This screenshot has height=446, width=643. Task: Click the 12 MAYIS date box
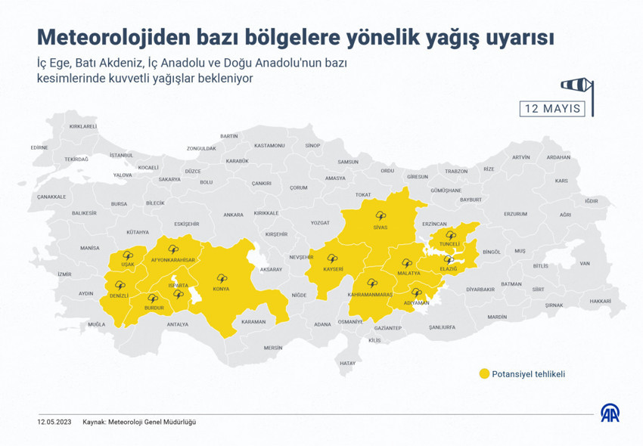pos(553,108)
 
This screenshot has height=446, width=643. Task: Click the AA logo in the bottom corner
pos(610,413)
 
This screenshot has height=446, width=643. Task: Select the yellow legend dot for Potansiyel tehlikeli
pos(483,373)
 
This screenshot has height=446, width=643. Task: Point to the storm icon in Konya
pos(221,279)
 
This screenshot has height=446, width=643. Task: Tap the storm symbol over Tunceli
pos(451,235)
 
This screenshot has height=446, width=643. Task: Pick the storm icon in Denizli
pos(120,285)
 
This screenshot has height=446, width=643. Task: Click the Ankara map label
pos(233,215)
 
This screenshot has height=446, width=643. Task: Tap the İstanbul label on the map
pos(121,155)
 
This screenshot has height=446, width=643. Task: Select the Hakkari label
pos(600,301)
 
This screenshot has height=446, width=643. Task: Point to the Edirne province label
pos(39,147)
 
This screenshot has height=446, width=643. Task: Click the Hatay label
pos(347,363)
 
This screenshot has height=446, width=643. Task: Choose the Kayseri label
pos(333,268)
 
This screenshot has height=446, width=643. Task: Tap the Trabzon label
pos(456,172)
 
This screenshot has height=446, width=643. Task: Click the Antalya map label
pos(177,324)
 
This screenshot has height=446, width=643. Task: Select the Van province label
pos(584,263)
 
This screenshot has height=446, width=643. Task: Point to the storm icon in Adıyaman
pos(415,293)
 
